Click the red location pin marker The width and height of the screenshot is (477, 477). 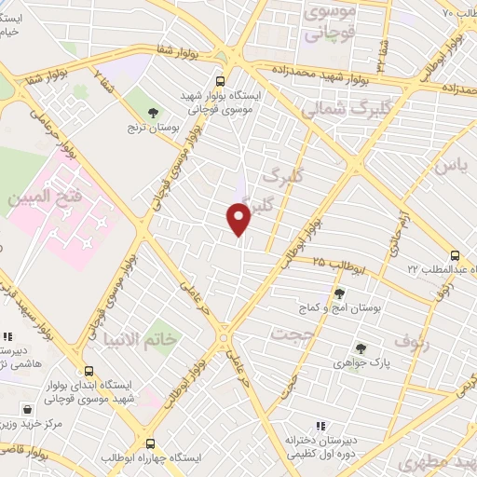click(x=239, y=219)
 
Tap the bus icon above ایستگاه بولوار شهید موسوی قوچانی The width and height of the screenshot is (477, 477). click(x=220, y=81)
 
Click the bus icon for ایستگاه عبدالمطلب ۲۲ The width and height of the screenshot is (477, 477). click(x=454, y=255)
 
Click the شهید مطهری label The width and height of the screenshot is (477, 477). click(x=434, y=462)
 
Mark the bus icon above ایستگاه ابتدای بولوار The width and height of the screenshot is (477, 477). click(x=89, y=371)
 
